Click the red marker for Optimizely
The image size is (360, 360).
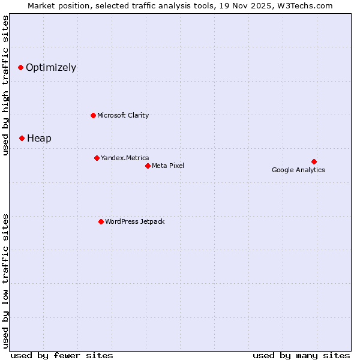click(x=20, y=67)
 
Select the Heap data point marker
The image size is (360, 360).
click(x=22, y=138)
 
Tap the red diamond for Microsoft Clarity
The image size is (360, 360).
click(x=93, y=115)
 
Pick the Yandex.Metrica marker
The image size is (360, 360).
click(x=97, y=158)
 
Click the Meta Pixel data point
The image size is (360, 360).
click(x=148, y=166)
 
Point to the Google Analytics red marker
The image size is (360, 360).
click(x=314, y=161)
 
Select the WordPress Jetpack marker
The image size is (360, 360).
click(x=101, y=221)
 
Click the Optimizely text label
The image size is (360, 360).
click(x=51, y=67)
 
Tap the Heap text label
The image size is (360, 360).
click(x=39, y=138)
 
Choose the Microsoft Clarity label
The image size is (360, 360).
click(x=123, y=115)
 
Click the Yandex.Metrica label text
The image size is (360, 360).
click(x=125, y=158)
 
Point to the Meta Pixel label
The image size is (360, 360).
click(x=168, y=166)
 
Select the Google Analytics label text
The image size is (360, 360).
click(x=298, y=170)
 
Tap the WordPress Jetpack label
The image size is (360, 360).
click(x=134, y=221)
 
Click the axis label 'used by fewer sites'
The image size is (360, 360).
click(x=62, y=355)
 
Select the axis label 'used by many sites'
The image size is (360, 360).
click(x=301, y=355)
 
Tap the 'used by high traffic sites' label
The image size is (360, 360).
click(x=6, y=85)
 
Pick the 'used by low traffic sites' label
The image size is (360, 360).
click(x=6, y=280)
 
